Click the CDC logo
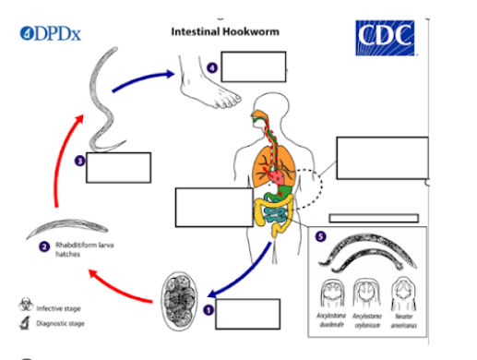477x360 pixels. click(x=385, y=38)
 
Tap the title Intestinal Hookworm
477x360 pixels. click(x=225, y=31)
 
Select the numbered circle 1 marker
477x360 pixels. click(x=209, y=311)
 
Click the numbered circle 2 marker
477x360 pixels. click(x=43, y=246)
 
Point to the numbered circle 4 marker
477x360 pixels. click(x=212, y=67)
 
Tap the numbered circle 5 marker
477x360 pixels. click(x=320, y=236)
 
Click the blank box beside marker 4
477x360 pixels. click(x=253, y=66)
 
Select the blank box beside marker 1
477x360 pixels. click(x=247, y=314)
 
